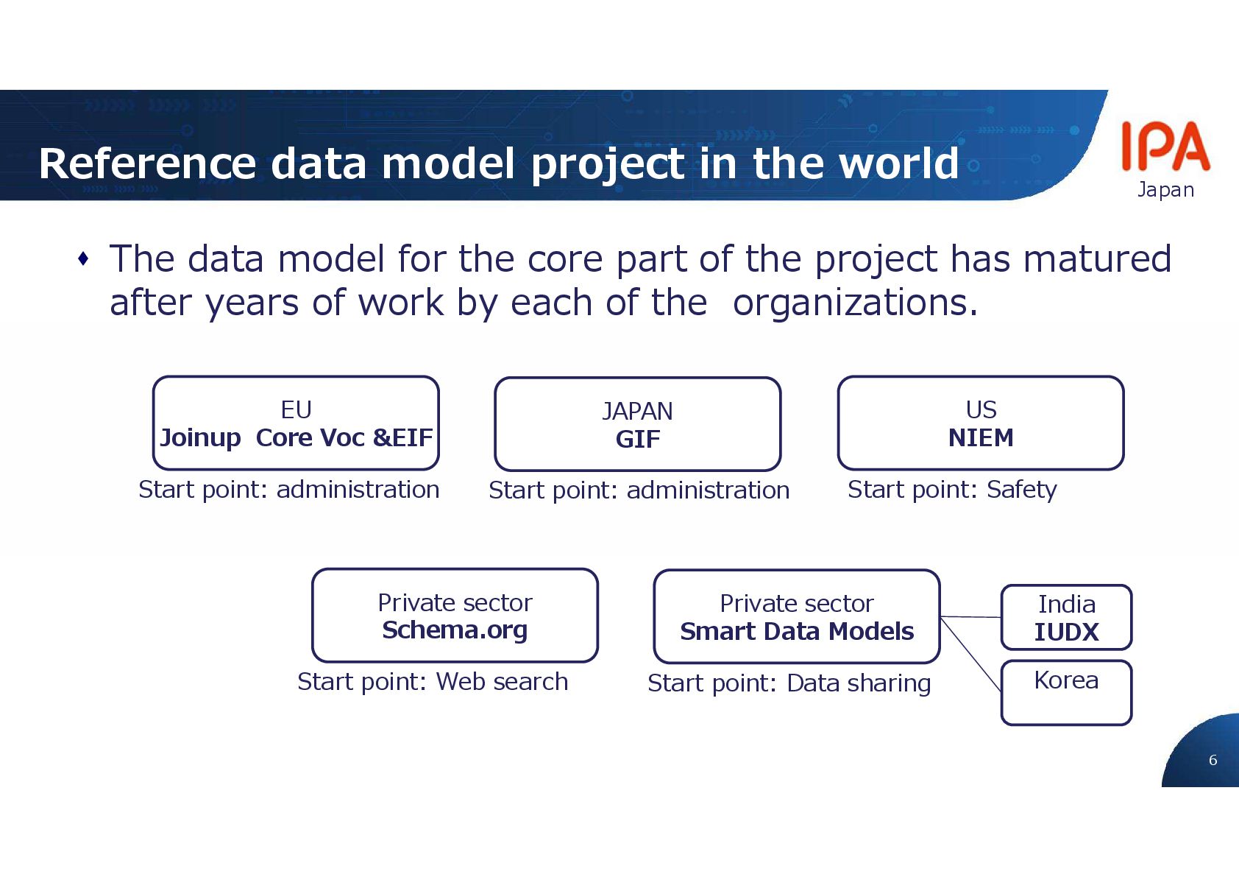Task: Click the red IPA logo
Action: pos(1165,147)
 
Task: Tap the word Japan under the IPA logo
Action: pos(1165,190)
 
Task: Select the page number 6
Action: pos(1213,760)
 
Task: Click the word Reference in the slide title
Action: pos(147,163)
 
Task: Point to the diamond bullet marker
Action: pos(83,259)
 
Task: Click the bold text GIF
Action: pos(638,440)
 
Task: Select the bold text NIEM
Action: pos(981,438)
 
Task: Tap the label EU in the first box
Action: pos(296,409)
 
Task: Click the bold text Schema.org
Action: pos(455,630)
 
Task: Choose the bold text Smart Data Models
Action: pos(797,632)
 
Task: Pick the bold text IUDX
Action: pos(1066,632)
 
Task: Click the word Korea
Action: pos(1066,680)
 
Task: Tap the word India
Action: pos(1066,605)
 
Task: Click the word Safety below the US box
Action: pos(1021,490)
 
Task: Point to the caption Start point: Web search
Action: pos(433,682)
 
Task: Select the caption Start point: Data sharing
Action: pos(789,683)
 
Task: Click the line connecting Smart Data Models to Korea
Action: pos(970,654)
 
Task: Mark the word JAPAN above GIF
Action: pos(637,411)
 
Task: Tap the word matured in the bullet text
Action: pos(1097,259)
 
